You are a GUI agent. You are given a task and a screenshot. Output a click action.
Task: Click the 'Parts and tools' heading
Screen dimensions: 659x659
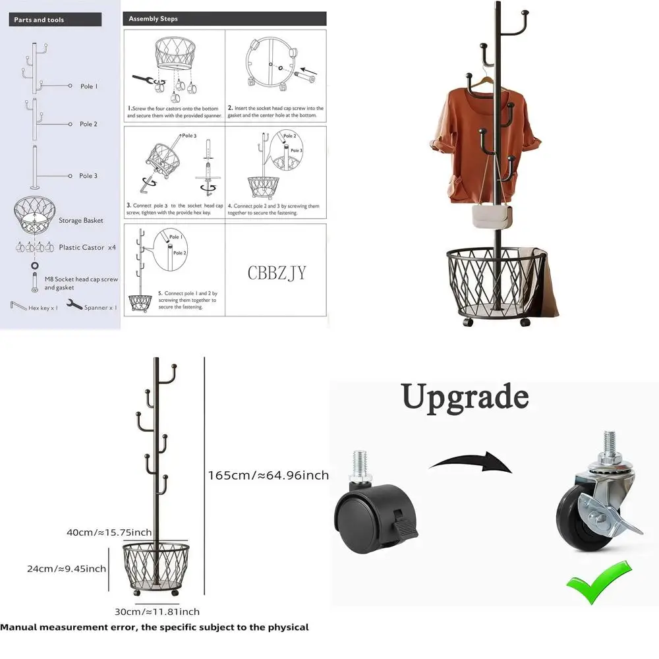point(40,20)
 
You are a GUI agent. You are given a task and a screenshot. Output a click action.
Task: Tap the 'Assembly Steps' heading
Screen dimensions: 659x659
point(153,19)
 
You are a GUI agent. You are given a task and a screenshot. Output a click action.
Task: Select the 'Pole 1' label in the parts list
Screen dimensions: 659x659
point(88,86)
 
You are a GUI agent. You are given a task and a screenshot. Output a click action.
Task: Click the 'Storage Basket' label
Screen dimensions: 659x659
point(81,220)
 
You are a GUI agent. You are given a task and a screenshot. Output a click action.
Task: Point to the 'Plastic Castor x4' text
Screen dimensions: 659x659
point(87,248)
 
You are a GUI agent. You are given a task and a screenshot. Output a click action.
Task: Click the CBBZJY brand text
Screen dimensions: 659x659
point(277,273)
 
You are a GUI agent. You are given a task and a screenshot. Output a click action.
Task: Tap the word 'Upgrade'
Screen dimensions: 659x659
point(465,397)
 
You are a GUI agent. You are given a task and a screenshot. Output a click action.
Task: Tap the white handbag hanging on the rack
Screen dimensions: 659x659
point(492,215)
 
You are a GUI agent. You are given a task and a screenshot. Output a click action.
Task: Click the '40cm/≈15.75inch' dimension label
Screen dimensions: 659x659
point(109,532)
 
